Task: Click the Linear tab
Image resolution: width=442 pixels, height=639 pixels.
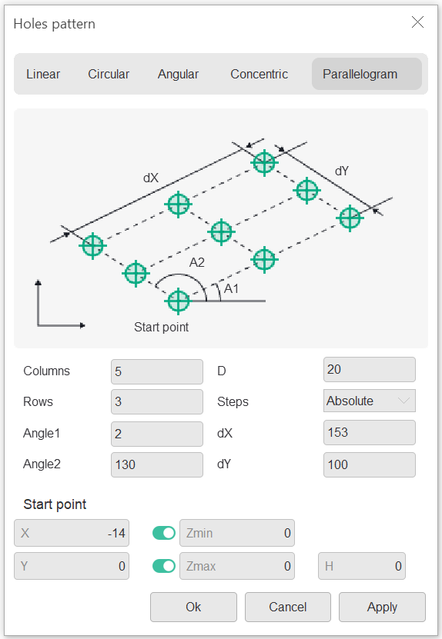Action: (x=43, y=74)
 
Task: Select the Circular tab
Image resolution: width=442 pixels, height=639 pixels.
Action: (x=109, y=74)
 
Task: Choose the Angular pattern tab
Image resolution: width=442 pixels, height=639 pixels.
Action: (x=178, y=74)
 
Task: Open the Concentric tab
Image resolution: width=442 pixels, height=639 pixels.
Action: (x=260, y=74)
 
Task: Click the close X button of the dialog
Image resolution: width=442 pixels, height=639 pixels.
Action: (x=417, y=22)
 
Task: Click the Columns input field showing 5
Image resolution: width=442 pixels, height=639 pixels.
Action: (x=157, y=371)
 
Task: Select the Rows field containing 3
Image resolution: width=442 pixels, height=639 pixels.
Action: (x=157, y=402)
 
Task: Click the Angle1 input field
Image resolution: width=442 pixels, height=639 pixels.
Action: (x=157, y=434)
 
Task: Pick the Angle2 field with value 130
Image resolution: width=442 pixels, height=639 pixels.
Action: (x=157, y=464)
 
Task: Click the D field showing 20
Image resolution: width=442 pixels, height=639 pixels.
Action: (x=370, y=370)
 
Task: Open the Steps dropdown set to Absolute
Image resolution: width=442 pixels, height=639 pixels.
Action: (x=370, y=401)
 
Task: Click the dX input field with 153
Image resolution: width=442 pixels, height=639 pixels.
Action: (x=370, y=432)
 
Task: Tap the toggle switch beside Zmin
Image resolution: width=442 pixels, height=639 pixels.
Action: (x=164, y=533)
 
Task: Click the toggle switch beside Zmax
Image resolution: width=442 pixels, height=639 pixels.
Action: (x=164, y=566)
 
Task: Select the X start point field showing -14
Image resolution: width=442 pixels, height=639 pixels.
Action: (x=72, y=533)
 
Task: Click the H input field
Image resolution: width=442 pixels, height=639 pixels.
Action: (x=362, y=566)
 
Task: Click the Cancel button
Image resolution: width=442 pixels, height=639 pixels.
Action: (x=288, y=607)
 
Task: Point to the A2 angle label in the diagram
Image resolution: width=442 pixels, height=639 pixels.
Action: (x=196, y=262)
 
